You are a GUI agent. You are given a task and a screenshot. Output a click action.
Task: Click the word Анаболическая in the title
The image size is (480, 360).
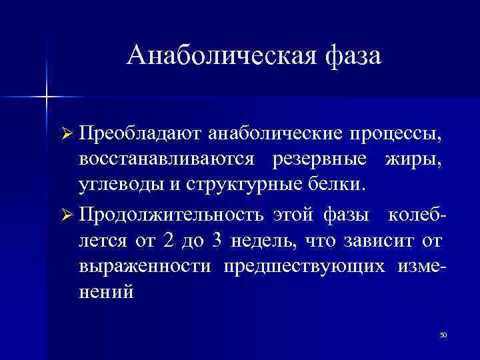click(x=213, y=55)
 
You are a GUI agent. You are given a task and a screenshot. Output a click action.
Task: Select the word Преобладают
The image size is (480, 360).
click(x=141, y=135)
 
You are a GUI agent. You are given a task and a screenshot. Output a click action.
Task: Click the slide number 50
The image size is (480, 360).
click(x=443, y=334)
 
